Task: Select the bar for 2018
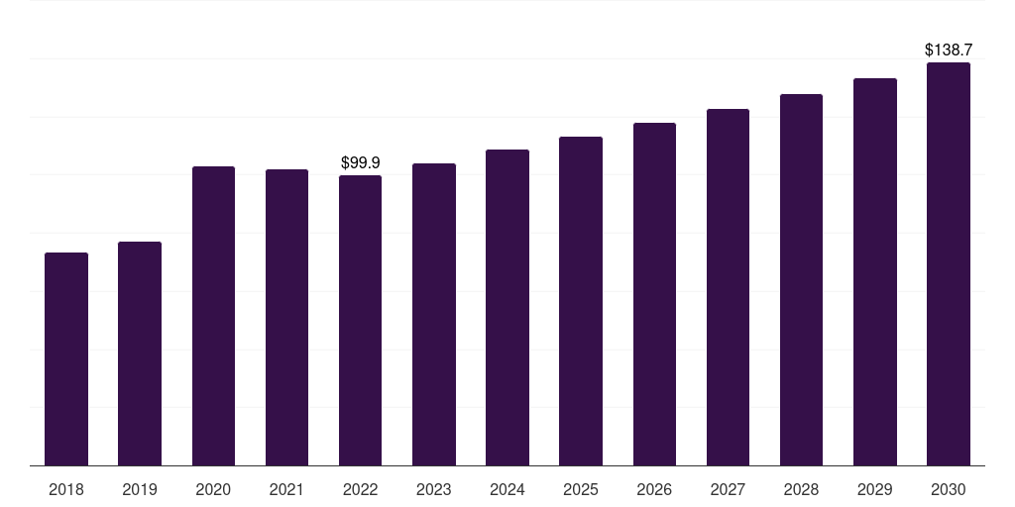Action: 66,358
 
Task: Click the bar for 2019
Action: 140,354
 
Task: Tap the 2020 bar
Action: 214,316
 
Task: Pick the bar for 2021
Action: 286,318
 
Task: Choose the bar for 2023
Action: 434,314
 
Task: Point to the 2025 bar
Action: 581,301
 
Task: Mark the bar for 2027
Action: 728,287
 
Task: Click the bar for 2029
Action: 875,272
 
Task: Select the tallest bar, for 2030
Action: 949,263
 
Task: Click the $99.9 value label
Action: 361,162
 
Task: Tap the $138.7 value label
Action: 949,50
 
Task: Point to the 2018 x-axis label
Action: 66,489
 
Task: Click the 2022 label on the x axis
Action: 360,489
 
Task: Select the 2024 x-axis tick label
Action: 507,489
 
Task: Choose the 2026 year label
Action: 654,489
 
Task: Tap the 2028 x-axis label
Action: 801,489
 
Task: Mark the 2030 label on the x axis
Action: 949,489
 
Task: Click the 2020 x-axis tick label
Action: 213,489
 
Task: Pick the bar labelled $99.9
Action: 360,321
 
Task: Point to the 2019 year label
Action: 140,489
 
